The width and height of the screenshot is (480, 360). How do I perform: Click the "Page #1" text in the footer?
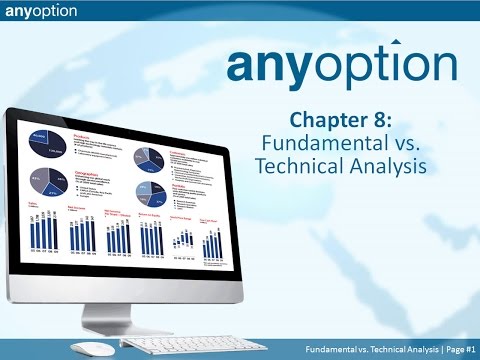[x=454, y=347]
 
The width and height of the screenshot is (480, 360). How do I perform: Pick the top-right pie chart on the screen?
[x=146, y=157]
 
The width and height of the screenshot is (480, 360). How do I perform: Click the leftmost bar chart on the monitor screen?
[x=44, y=232]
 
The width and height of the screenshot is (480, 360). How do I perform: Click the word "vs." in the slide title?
[x=415, y=141]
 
